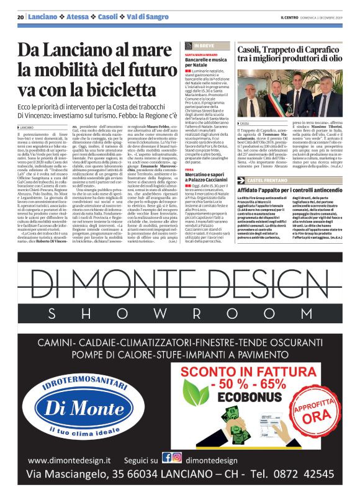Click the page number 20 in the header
tap(20, 17)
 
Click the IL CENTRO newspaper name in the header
tap(290, 17)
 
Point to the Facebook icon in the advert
tap(167, 457)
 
